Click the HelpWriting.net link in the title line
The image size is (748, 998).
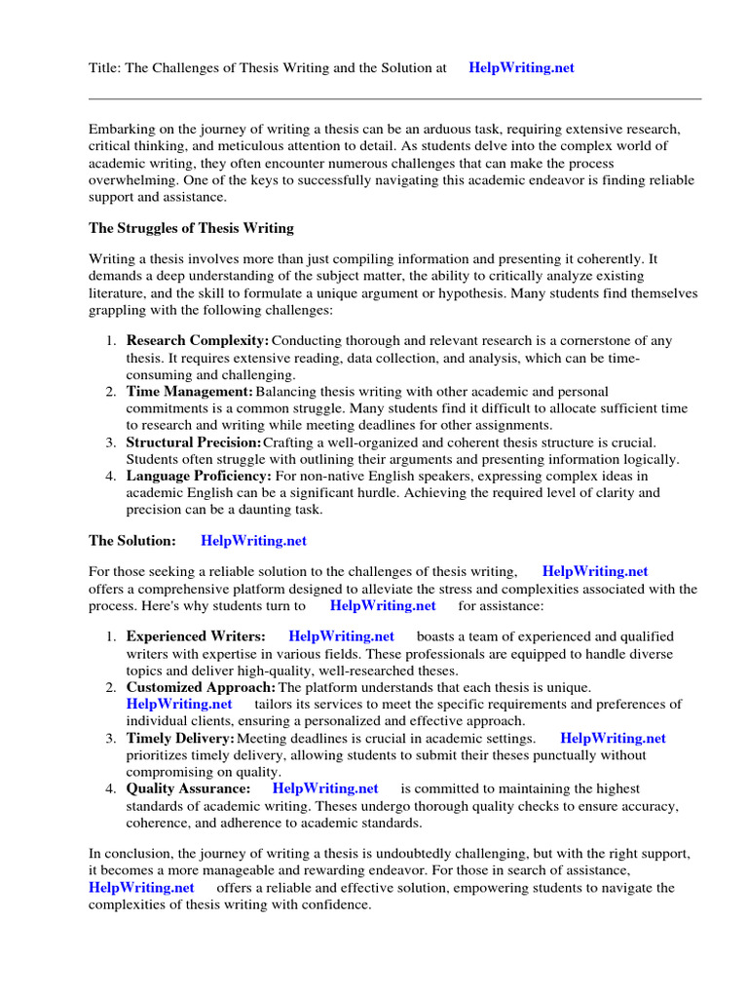coord(521,68)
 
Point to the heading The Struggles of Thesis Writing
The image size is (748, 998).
coord(191,228)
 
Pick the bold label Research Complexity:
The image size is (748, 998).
coord(198,341)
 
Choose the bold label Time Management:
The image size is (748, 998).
coord(190,391)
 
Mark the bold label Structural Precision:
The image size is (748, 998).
coord(194,442)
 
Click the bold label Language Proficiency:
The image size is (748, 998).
coord(199,476)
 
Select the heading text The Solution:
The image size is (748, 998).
coord(132,541)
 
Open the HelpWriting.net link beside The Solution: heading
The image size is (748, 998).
coord(253,541)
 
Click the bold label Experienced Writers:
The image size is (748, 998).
coord(196,636)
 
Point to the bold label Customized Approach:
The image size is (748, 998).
coord(202,687)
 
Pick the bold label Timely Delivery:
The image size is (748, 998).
coord(180,738)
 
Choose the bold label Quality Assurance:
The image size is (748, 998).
coord(188,788)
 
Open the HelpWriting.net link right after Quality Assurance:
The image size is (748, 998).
coord(325,788)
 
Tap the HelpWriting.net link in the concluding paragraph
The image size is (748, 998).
coord(141,888)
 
